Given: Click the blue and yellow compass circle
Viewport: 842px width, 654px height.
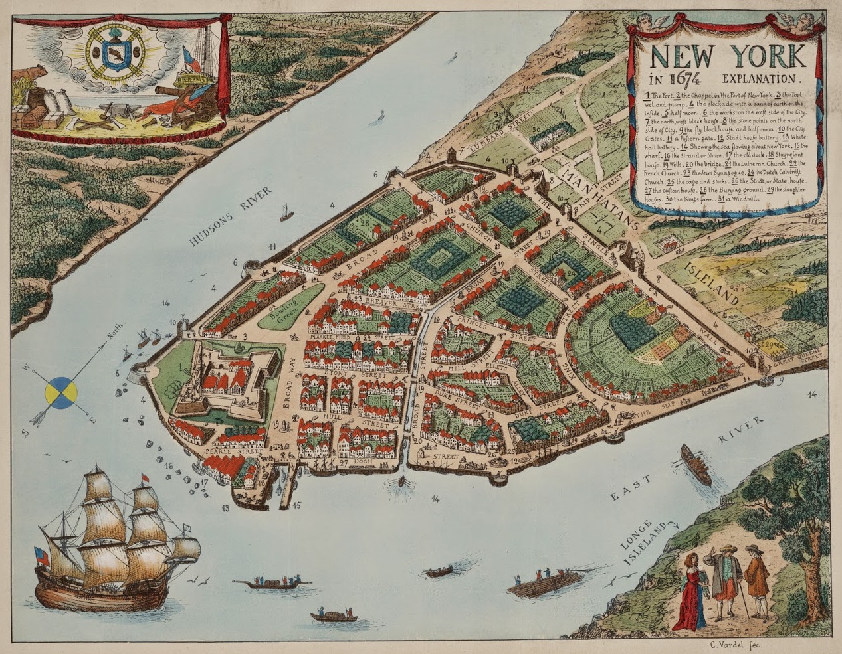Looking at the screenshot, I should click(60, 392).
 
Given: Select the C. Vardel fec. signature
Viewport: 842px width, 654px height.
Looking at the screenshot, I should click(733, 644).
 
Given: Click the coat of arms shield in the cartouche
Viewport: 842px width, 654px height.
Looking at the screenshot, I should click(118, 53).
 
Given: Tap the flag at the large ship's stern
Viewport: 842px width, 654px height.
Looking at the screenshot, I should click(42, 556).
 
